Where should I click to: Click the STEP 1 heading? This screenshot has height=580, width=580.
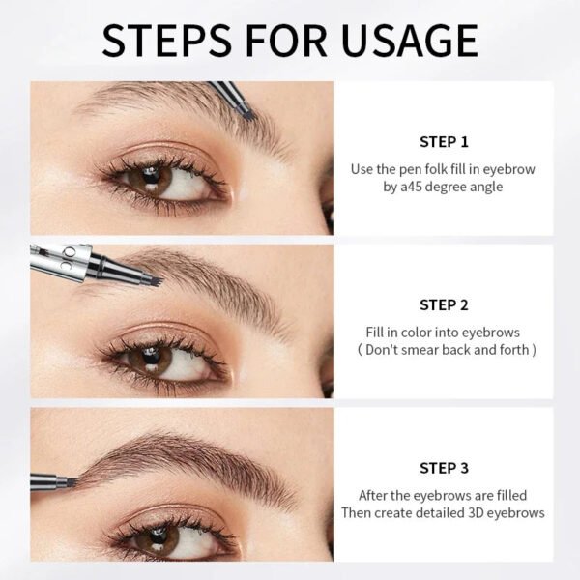[444, 141]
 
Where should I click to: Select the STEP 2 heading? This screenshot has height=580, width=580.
[444, 304]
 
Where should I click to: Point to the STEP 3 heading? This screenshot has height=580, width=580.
[444, 468]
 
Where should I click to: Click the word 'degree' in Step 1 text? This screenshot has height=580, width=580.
[449, 188]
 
